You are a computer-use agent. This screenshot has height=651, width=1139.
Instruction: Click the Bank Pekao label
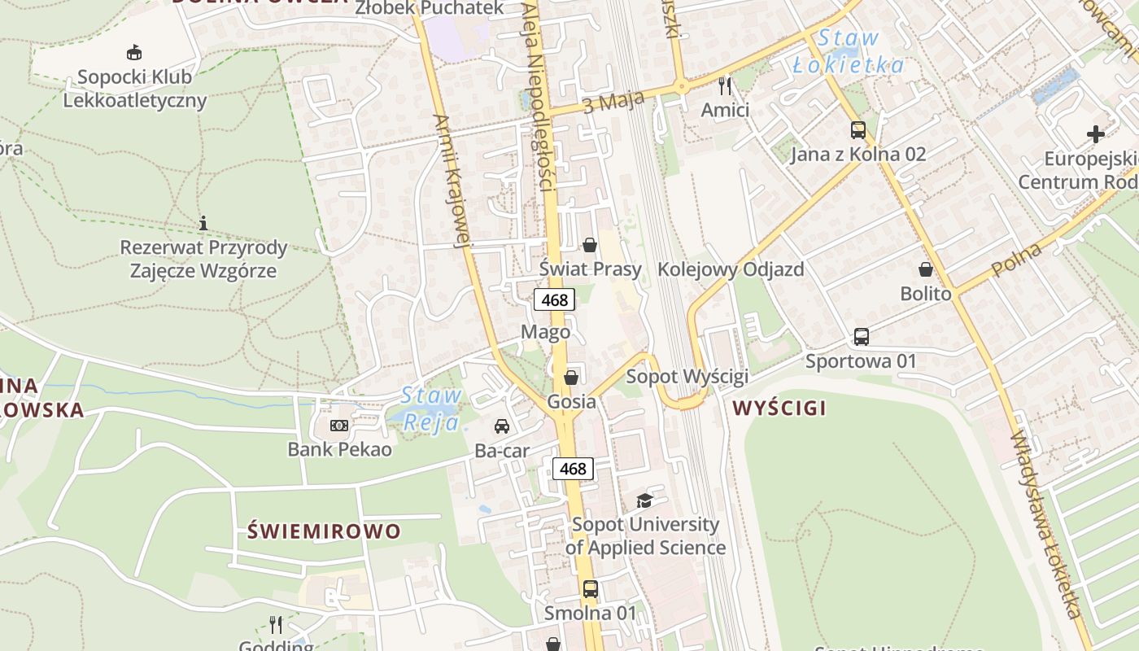(339, 449)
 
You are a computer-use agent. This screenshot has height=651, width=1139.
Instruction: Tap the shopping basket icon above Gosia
(571, 377)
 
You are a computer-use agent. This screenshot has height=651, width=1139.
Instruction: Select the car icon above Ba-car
(502, 426)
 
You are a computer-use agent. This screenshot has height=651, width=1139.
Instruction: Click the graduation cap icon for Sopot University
(644, 500)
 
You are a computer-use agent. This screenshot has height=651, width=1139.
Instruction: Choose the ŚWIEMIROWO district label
(324, 532)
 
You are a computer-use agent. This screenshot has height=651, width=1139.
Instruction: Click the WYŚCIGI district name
(779, 409)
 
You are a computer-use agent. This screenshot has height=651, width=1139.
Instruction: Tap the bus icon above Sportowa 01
(861, 336)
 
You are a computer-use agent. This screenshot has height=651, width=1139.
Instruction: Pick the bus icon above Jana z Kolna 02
(858, 129)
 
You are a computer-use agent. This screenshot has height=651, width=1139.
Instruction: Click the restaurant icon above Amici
(725, 85)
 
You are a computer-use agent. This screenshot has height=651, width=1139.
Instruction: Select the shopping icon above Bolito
(925, 269)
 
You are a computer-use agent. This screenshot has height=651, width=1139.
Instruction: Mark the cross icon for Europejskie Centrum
(1095, 133)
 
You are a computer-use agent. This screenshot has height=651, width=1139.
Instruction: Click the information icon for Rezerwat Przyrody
(203, 222)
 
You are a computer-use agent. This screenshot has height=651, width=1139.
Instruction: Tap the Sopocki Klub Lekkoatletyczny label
(135, 89)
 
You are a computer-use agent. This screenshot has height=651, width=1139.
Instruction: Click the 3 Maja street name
(613, 102)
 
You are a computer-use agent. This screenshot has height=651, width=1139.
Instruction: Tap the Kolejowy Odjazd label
(731, 269)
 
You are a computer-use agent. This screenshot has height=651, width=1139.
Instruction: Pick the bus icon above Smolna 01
(591, 588)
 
